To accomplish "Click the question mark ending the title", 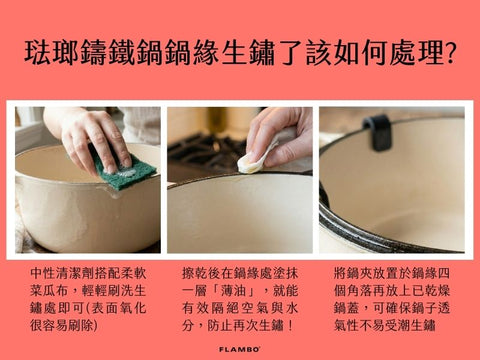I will pyautogui.click(x=446, y=53).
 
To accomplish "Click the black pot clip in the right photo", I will pyautogui.click(x=378, y=131).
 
